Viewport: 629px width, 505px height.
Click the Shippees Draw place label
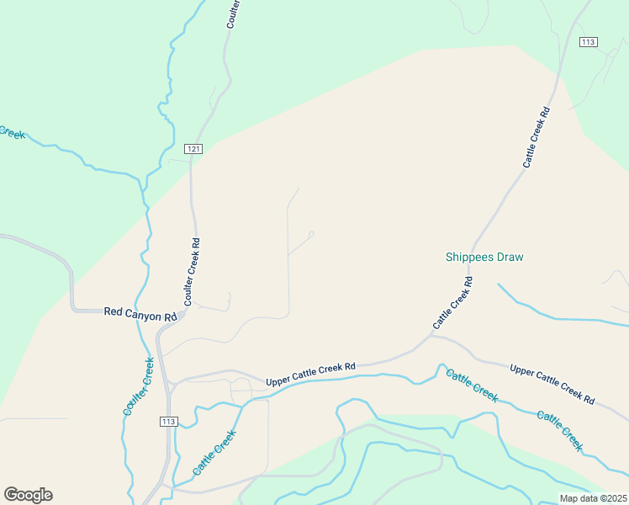tap(484, 257)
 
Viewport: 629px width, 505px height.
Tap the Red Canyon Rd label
tap(140, 312)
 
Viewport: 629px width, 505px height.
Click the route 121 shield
tap(193, 149)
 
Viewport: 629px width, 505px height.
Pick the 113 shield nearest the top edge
tap(588, 42)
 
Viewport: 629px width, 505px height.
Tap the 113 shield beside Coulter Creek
tap(168, 420)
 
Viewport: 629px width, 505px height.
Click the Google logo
tap(28, 495)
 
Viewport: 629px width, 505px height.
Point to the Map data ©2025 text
tap(592, 498)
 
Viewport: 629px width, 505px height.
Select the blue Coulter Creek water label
tap(139, 386)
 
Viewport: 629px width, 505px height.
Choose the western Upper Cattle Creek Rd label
tap(311, 375)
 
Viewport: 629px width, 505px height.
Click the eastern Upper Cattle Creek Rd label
tap(552, 383)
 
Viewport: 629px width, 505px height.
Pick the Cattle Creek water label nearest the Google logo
tap(214, 452)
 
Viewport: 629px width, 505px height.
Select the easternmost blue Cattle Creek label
tap(560, 428)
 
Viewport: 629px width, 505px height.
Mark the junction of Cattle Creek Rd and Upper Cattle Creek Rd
tap(431, 335)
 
